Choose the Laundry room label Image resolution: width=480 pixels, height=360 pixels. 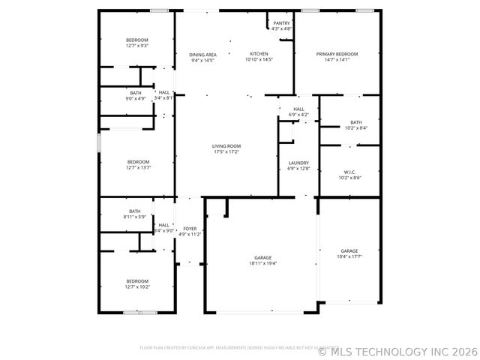[298, 166]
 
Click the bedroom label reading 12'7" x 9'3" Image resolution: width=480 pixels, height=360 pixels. [136, 42]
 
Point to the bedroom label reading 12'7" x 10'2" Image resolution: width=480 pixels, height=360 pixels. [137, 283]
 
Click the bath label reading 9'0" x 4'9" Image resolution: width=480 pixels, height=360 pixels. [135, 95]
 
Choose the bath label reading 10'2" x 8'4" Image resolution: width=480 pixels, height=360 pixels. [355, 125]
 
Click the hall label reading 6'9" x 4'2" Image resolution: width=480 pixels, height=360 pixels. [298, 112]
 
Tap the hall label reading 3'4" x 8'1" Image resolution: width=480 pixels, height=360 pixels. [163, 95]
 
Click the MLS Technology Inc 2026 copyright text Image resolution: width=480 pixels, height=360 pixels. [397, 350]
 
